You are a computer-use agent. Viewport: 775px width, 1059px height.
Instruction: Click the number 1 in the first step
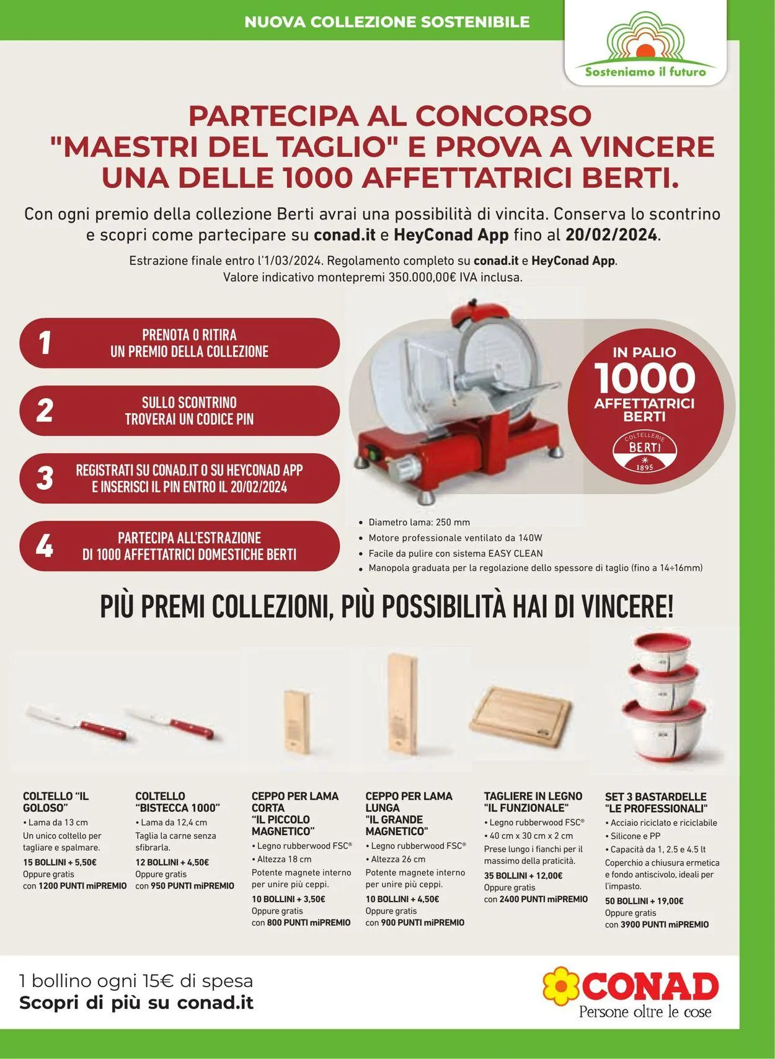pyautogui.click(x=45, y=343)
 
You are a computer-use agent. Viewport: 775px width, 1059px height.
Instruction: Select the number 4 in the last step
pyautogui.click(x=45, y=546)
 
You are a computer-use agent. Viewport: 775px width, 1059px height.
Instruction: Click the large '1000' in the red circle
pyautogui.click(x=645, y=378)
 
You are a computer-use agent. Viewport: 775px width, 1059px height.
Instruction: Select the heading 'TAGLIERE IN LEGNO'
pyautogui.click(x=533, y=795)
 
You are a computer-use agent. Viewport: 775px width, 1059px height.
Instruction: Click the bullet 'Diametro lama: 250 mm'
pyautogui.click(x=419, y=522)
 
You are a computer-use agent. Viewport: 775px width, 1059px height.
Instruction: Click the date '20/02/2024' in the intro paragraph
pyautogui.click(x=611, y=235)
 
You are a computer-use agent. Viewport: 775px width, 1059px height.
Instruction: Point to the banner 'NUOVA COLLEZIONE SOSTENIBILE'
pyautogui.click(x=387, y=22)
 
